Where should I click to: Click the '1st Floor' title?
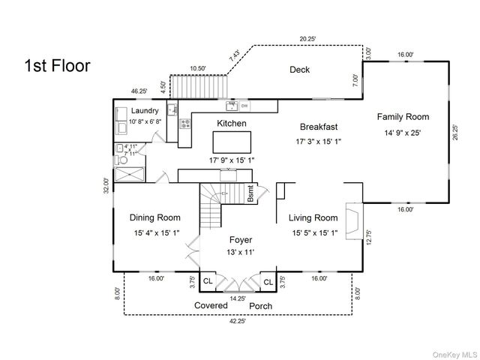pos(58,65)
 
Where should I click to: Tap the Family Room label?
pos(403,116)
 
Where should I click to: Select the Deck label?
pos(300,70)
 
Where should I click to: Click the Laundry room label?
pos(144,111)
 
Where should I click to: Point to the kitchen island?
pos(231,142)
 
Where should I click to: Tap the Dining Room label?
pos(154,217)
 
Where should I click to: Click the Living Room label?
pos(313,217)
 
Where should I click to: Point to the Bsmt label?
pos(251,194)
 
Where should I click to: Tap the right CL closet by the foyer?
pos(268,282)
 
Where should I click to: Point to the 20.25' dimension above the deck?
pos(307,39)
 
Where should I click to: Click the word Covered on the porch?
pos(211,306)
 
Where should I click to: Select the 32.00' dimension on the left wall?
pos(106,185)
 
